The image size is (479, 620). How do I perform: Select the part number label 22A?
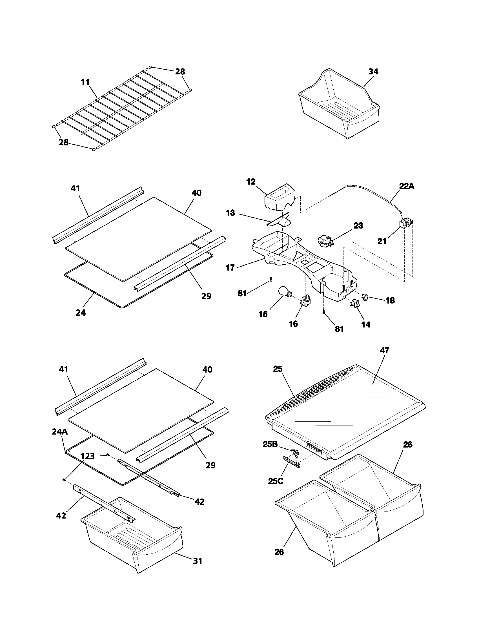(406, 186)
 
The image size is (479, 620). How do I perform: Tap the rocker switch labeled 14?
(355, 304)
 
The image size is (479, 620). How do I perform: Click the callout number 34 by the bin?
(373, 72)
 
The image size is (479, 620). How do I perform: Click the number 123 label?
(87, 456)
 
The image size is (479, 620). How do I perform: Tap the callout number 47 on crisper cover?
(385, 351)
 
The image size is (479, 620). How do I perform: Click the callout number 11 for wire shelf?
(85, 82)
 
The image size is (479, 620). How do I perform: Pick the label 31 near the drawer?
(198, 561)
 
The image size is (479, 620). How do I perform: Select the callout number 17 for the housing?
(230, 267)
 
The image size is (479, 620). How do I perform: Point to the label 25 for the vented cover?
(278, 369)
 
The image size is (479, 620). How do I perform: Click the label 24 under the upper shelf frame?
(81, 313)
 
